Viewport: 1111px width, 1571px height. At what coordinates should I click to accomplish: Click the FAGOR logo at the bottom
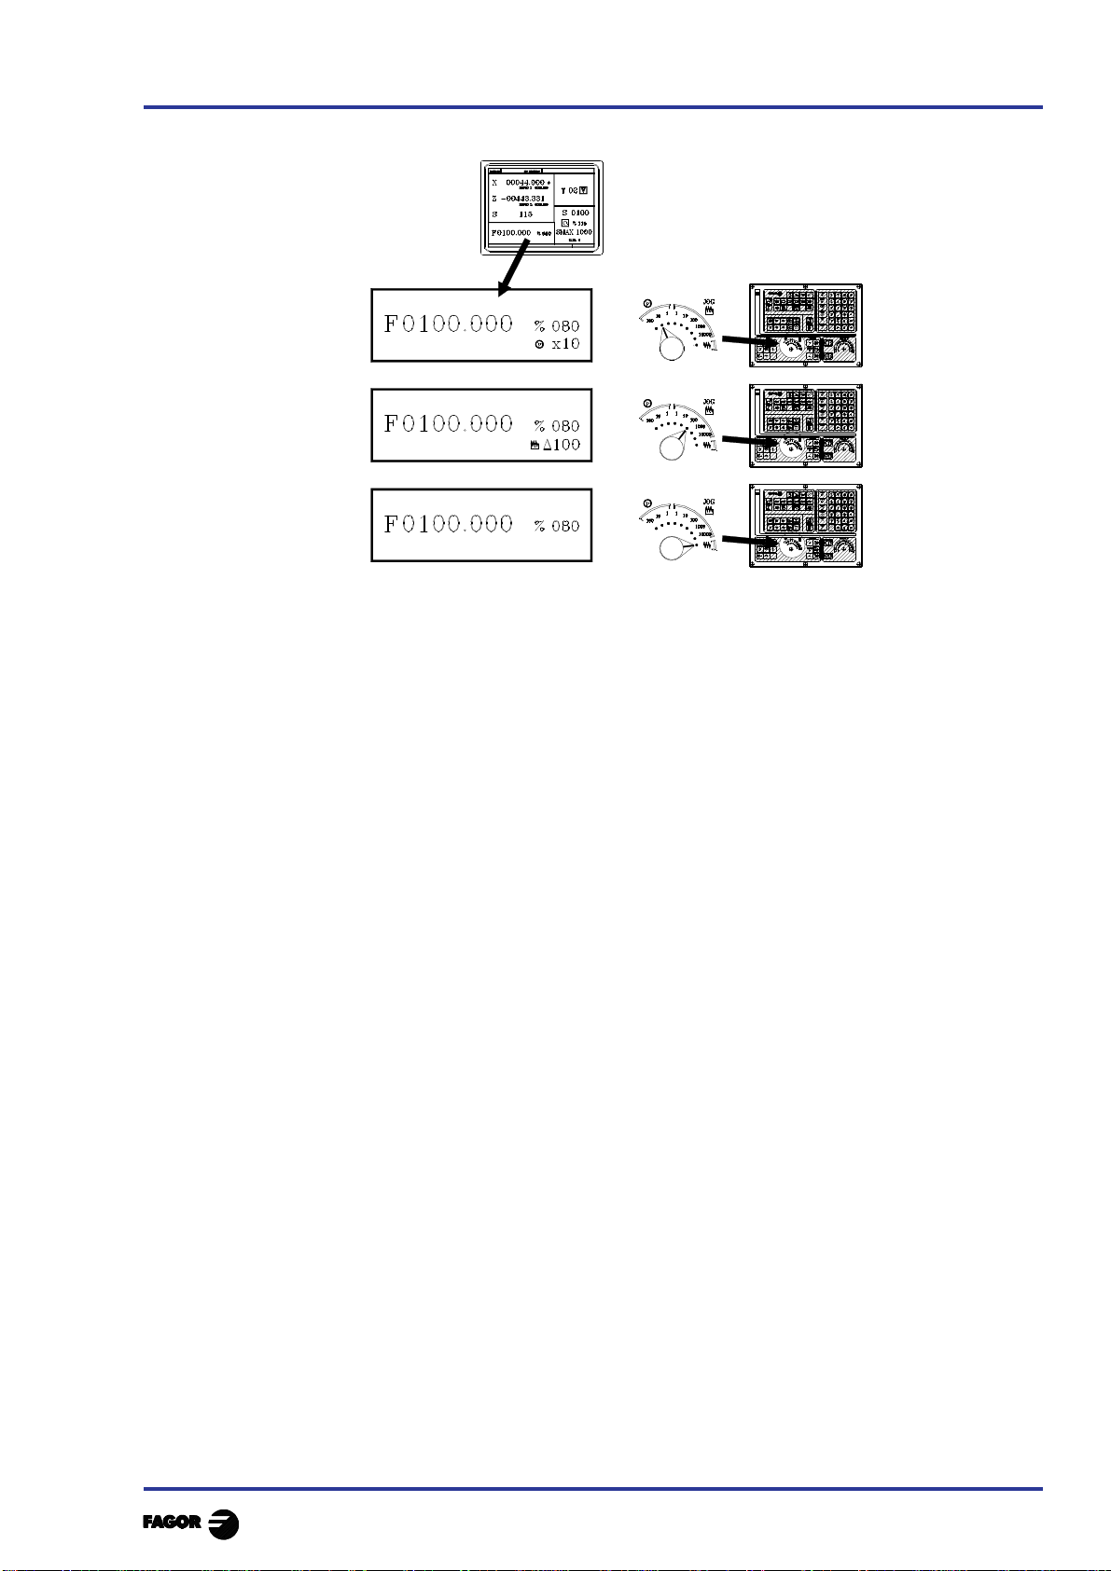190,1523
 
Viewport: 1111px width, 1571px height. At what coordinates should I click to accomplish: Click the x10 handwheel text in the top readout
565,344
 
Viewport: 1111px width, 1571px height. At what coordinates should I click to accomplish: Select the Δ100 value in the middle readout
562,445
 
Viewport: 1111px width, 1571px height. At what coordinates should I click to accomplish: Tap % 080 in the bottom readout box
557,526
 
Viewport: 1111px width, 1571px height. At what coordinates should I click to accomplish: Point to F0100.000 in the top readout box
449,324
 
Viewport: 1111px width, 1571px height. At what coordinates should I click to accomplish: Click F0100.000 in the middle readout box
449,424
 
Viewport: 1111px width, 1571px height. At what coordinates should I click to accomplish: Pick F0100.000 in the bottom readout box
449,524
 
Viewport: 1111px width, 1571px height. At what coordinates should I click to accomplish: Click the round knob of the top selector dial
672,348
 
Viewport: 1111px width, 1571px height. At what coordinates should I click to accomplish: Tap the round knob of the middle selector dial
672,448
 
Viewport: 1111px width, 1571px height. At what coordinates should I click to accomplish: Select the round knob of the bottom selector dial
672,548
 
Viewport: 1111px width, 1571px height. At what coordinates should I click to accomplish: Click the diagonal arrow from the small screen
514,268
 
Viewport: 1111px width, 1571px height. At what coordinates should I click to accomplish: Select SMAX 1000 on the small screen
574,232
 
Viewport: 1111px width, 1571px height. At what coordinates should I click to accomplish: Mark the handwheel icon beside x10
540,345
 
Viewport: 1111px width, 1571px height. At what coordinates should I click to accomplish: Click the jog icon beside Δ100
534,446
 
